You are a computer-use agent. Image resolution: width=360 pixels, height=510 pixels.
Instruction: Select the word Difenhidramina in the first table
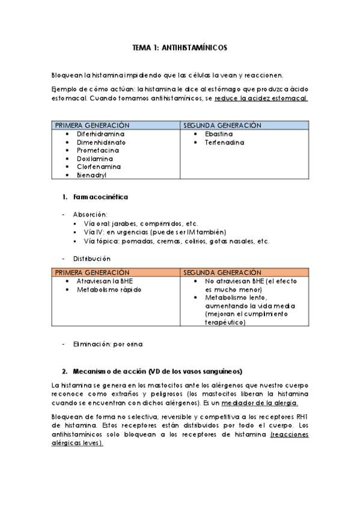click(x=100, y=134)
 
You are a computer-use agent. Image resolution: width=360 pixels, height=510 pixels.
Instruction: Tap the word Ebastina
click(x=219, y=134)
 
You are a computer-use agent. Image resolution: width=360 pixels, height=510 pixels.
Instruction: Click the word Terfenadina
click(x=224, y=143)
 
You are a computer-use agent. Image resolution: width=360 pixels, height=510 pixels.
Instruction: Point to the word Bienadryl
click(x=92, y=175)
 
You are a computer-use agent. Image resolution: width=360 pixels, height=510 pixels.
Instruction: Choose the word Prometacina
click(x=98, y=150)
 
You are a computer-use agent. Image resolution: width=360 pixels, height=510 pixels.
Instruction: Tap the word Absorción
click(x=90, y=214)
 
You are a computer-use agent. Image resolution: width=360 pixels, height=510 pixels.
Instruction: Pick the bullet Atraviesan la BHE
click(x=105, y=281)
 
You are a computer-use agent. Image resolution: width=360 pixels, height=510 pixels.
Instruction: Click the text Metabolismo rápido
click(x=109, y=289)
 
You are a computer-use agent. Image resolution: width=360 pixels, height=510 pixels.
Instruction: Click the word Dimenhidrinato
click(x=101, y=142)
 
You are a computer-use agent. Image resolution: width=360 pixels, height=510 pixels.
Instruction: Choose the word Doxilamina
click(x=94, y=159)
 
